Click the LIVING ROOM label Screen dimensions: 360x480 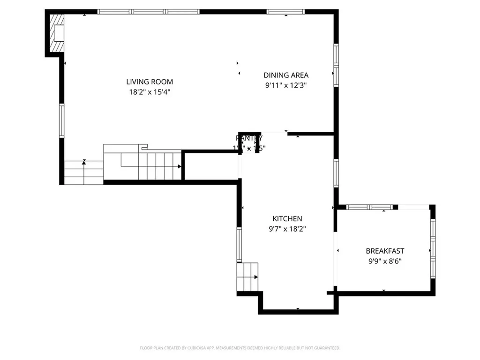pos(150,82)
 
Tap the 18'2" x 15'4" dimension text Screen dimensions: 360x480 pos(150,92)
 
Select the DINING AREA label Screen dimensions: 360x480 pos(286,75)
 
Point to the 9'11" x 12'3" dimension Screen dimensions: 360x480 pos(286,85)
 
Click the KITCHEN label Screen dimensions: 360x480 pos(287,218)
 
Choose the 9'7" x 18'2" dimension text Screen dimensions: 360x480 pos(287,229)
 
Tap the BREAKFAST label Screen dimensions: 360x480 pos(385,251)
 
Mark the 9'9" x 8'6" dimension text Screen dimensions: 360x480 pos(385,261)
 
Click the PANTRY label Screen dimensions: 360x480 pos(249,138)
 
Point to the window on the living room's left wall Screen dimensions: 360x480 pos(61,120)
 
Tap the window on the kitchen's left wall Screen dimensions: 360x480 pos(239,244)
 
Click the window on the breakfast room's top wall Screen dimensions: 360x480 pos(369,207)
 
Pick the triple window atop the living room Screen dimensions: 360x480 pos(149,12)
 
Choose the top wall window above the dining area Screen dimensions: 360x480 pos(285,12)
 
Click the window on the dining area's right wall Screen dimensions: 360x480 pos(336,65)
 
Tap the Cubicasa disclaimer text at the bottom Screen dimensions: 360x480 pos(240,348)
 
